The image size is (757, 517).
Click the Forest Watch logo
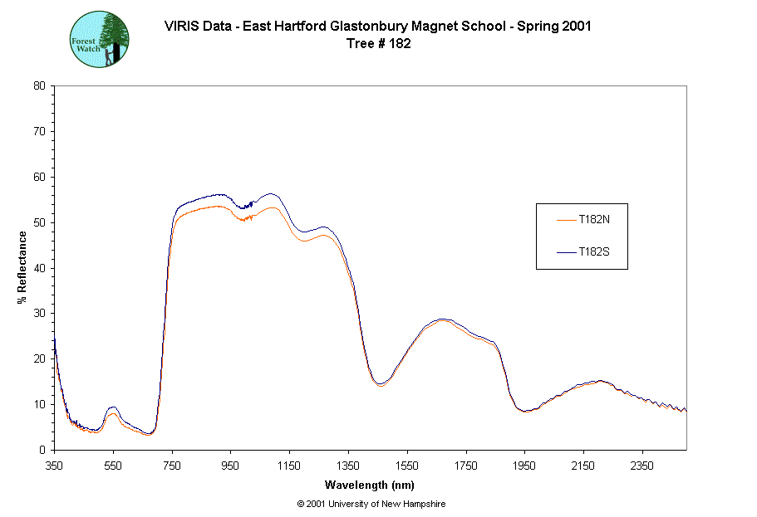[x=98, y=39]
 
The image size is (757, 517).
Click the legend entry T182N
[x=594, y=220]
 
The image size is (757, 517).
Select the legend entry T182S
[x=594, y=251]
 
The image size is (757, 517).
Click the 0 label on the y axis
[x=42, y=450]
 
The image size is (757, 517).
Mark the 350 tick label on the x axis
[x=54, y=466]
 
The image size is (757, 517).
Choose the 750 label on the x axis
[x=171, y=466]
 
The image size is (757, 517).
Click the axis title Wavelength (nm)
[x=369, y=485]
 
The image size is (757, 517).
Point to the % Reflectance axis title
[x=22, y=266]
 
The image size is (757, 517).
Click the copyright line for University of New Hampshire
[x=376, y=504]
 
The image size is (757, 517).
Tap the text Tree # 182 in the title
[x=378, y=44]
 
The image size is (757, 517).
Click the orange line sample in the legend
[x=567, y=220]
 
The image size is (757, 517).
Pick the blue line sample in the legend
[x=567, y=251]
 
